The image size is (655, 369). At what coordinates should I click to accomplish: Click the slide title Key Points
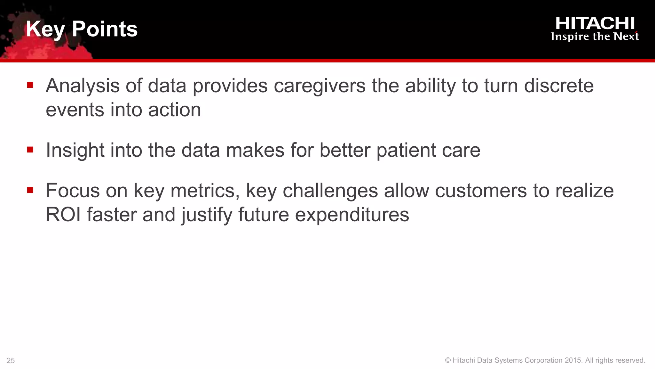[82, 29]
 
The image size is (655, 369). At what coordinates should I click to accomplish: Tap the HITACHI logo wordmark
[595, 23]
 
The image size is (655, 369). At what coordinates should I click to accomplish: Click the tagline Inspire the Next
[595, 37]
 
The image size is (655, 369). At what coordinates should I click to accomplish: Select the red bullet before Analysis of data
[30, 85]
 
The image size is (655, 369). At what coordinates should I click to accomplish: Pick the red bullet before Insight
[30, 150]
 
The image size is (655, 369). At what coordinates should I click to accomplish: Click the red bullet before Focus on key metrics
[30, 190]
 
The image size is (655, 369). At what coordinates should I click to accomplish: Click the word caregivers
[320, 86]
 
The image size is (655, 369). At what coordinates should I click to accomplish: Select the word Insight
[75, 150]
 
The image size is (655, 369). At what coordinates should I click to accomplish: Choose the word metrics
[205, 191]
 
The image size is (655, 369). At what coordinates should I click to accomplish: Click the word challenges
[330, 191]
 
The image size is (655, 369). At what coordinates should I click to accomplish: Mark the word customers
[481, 191]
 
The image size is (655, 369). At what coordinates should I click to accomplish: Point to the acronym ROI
[63, 215]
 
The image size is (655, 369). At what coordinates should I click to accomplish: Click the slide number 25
[11, 361]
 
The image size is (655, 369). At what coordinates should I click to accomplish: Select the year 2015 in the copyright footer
[573, 360]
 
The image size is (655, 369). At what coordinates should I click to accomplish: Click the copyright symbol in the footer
[448, 360]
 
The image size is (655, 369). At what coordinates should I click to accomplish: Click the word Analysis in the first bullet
[83, 86]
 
